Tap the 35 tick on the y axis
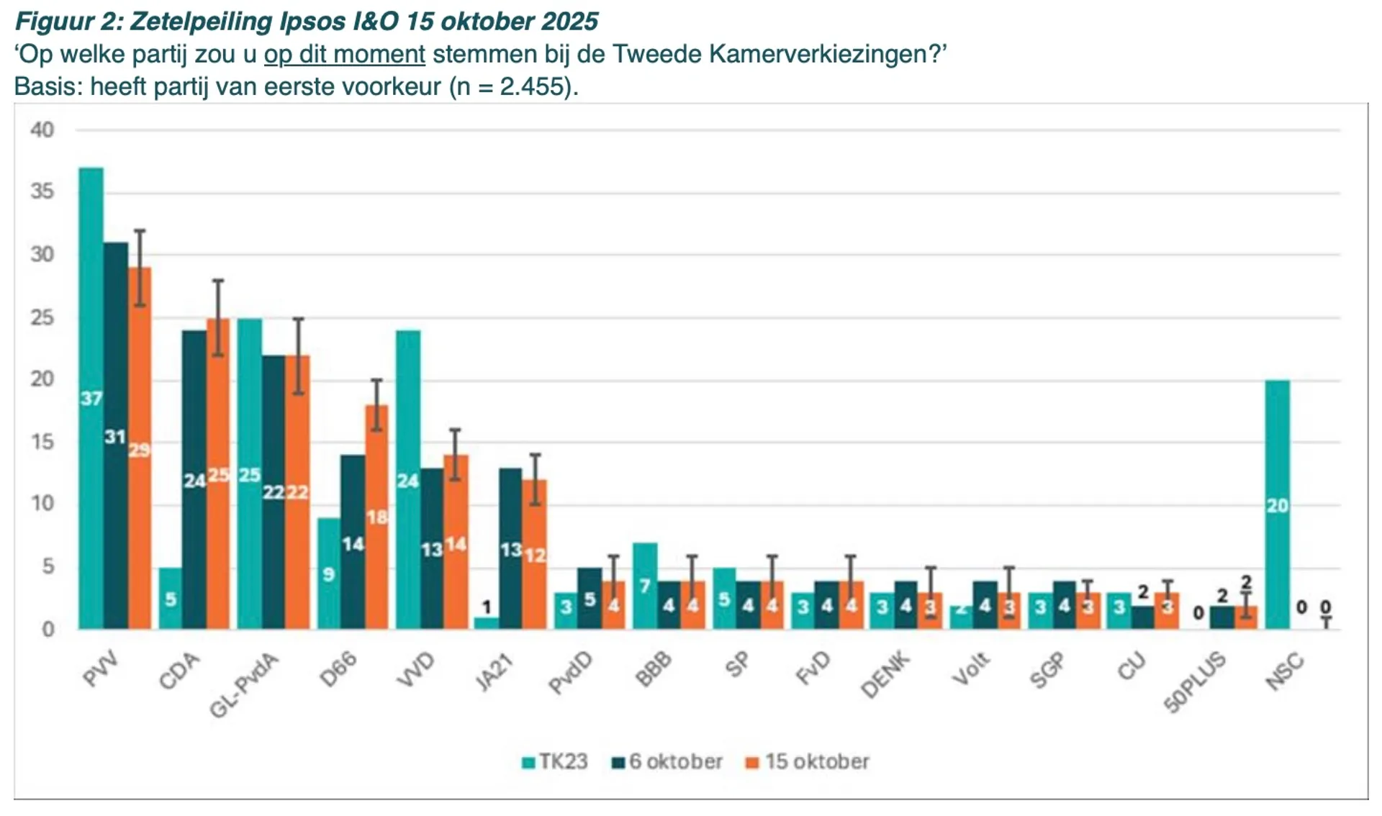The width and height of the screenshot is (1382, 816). click(42, 192)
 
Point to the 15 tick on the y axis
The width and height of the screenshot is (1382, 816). click(42, 442)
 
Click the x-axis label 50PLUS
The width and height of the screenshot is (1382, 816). click(1195, 682)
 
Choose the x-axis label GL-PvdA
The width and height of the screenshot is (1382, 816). click(243, 686)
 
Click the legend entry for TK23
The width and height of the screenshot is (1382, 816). click(555, 762)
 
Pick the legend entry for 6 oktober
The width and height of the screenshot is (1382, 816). click(667, 762)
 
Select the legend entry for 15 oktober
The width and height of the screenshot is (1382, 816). click(808, 762)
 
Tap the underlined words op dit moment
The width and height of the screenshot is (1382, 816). click(345, 55)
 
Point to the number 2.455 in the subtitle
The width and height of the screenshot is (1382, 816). click(532, 87)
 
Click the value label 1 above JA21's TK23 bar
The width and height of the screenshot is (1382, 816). click(487, 607)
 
